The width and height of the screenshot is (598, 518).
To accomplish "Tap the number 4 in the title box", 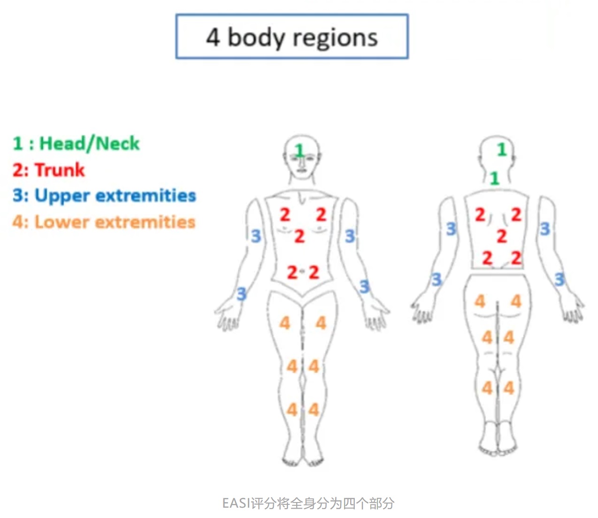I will coord(213,37).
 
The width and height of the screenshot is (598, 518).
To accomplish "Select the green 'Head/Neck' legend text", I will coord(89,143).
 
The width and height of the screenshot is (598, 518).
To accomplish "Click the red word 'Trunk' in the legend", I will coord(60,169).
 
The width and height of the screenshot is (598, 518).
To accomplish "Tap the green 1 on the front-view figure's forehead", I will coord(299,151).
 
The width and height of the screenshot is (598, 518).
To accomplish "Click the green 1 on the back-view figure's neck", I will coord(494,178).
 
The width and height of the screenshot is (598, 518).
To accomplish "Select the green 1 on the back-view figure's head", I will coord(502,150).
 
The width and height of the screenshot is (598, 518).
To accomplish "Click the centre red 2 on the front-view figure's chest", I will coord(299,236).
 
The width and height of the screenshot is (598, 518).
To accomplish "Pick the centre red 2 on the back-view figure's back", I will coord(502,236).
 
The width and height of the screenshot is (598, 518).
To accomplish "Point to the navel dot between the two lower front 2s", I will coord(303,272).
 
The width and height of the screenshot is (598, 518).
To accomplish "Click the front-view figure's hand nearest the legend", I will coord(227,315).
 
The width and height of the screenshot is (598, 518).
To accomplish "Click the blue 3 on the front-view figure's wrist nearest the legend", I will coord(241,294).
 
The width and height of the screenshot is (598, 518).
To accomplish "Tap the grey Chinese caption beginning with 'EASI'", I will coord(308,503).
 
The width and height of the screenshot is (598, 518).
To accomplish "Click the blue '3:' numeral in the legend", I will coord(21,196).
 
